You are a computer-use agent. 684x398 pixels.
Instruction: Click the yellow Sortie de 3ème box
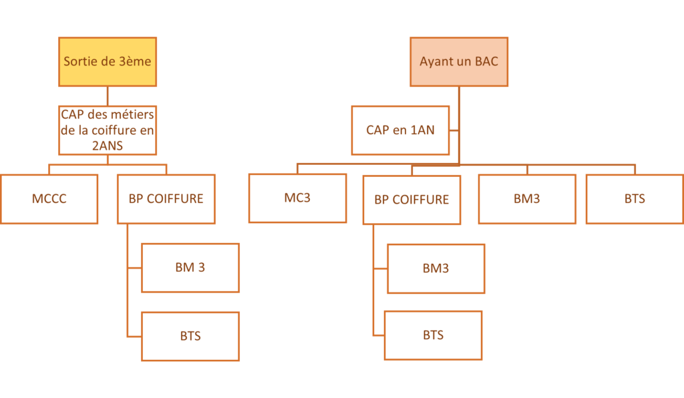click(108, 61)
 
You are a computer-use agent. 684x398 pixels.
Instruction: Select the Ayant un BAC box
click(459, 61)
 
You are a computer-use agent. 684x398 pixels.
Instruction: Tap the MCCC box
click(49, 199)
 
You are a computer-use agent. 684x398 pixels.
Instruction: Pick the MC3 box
click(297, 198)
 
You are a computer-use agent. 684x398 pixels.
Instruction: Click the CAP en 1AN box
click(401, 130)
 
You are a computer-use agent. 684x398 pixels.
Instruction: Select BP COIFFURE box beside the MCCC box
click(166, 199)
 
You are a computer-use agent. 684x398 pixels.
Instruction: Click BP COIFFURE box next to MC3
click(411, 200)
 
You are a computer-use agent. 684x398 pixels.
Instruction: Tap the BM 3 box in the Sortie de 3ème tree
click(190, 268)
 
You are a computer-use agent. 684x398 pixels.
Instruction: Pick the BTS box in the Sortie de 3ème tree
click(190, 336)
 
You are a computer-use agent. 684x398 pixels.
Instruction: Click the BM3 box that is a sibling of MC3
click(527, 198)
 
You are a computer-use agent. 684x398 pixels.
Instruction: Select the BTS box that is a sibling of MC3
click(635, 198)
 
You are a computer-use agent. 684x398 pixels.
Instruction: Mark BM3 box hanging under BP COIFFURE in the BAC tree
click(436, 268)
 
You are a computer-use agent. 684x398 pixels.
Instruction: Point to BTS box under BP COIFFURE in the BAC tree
click(433, 335)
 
